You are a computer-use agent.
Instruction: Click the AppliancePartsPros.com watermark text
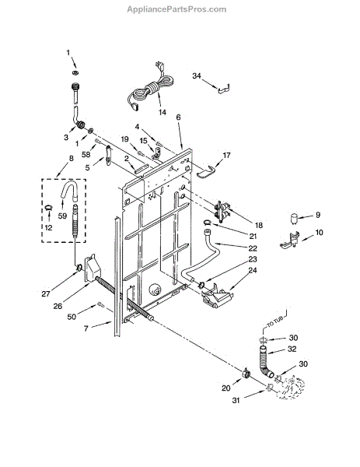177,9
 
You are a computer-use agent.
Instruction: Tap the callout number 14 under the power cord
163,113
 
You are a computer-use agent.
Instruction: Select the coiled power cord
149,87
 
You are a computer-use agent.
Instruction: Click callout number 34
197,76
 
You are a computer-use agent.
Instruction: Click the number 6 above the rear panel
178,118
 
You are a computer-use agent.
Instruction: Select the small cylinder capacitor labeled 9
294,218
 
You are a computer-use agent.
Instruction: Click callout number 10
319,232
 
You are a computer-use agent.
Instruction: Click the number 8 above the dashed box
71,159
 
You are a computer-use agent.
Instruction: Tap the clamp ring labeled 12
49,208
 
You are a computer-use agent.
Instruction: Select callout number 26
58,306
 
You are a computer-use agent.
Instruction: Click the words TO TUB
274,322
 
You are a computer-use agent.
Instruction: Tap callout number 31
236,401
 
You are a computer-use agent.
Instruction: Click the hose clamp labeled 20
246,373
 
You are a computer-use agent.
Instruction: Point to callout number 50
72,317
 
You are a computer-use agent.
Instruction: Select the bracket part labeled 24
217,297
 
